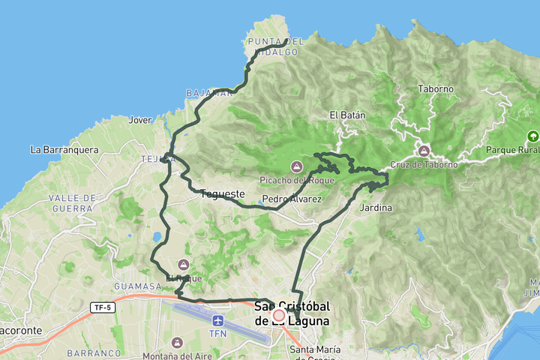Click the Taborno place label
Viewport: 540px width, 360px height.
pyautogui.click(x=436, y=88)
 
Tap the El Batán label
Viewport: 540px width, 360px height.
pyautogui.click(x=347, y=115)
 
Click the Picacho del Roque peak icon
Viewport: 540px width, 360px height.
pyautogui.click(x=296, y=166)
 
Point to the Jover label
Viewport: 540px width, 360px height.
pyautogui.click(x=140, y=119)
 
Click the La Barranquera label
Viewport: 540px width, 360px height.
pyautogui.click(x=64, y=149)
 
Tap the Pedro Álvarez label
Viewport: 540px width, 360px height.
pyautogui.click(x=292, y=199)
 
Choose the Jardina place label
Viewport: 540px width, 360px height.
pyautogui.click(x=376, y=208)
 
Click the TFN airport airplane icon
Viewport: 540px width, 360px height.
pyautogui.click(x=217, y=320)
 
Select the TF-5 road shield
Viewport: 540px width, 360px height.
pyautogui.click(x=100, y=307)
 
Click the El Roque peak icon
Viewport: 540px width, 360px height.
pyautogui.click(x=184, y=264)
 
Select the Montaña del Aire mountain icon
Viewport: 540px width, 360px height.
pyautogui.click(x=177, y=342)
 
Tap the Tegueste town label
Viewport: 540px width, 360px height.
pyautogui.click(x=223, y=194)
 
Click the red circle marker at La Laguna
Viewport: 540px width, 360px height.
pyautogui.click(x=279, y=316)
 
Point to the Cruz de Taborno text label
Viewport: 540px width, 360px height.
pyautogui.click(x=424, y=165)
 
